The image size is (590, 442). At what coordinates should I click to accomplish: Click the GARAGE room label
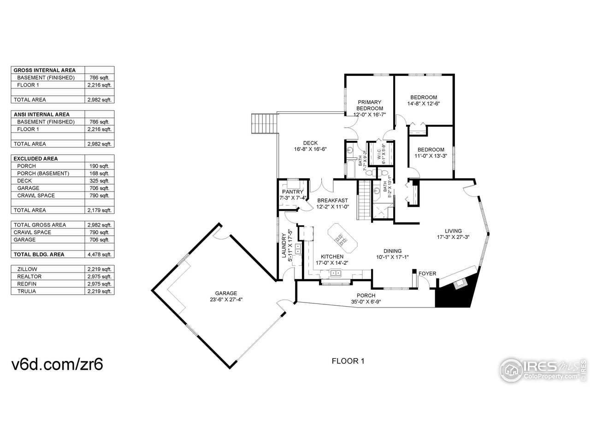pyautogui.click(x=225, y=293)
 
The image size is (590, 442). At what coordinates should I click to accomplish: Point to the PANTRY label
pyautogui.click(x=292, y=192)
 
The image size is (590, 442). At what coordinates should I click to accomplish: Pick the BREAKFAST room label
pyautogui.click(x=332, y=200)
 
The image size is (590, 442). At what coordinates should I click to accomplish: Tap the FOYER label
pyautogui.click(x=427, y=273)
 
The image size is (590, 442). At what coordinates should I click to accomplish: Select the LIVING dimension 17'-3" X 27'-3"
pyautogui.click(x=453, y=238)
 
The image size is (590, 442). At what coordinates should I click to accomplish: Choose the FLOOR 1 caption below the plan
pyautogui.click(x=348, y=361)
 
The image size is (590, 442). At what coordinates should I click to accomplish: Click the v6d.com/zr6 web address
pyautogui.click(x=57, y=364)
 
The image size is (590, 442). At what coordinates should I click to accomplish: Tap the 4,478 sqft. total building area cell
pyautogui.click(x=99, y=255)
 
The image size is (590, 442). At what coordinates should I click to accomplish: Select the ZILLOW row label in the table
pyautogui.click(x=27, y=269)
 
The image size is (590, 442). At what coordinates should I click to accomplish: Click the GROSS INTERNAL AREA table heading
pyautogui.click(x=45, y=70)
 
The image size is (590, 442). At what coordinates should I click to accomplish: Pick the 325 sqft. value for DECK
pyautogui.click(x=99, y=181)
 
